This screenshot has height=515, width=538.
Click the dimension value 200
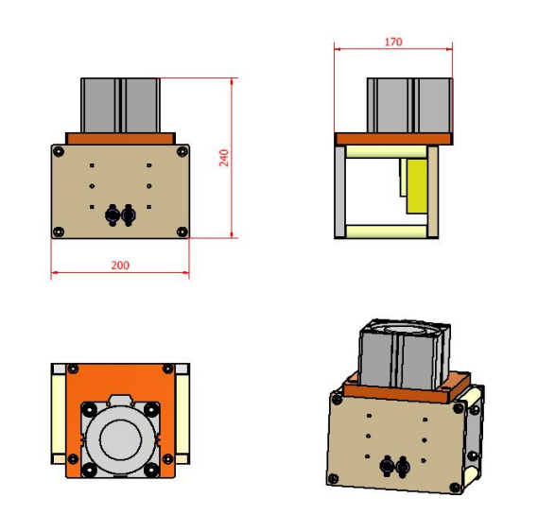[x=120, y=266]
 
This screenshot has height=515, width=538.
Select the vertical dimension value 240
[x=224, y=158]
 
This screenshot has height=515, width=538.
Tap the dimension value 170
[x=393, y=41]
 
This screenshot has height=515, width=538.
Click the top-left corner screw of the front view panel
[x=60, y=151]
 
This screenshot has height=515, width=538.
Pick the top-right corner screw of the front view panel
[x=182, y=151]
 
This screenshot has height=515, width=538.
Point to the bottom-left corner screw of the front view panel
[x=60, y=232]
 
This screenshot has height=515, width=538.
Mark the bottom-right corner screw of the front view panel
[x=182, y=232]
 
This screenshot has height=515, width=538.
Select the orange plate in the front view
[x=120, y=138]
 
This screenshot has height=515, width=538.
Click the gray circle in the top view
[x=120, y=439]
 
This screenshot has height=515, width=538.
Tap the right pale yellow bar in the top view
[x=182, y=416]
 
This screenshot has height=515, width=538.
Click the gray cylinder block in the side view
[x=408, y=104]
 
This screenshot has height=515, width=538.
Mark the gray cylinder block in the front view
[x=120, y=104]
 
